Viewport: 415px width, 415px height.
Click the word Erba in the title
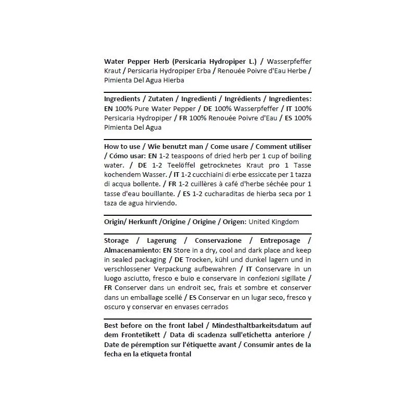pyautogui.click(x=204, y=71)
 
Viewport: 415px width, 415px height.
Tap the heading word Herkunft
pyautogui.click(x=140, y=222)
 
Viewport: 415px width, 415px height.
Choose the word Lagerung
pyautogui.click(x=161, y=241)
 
